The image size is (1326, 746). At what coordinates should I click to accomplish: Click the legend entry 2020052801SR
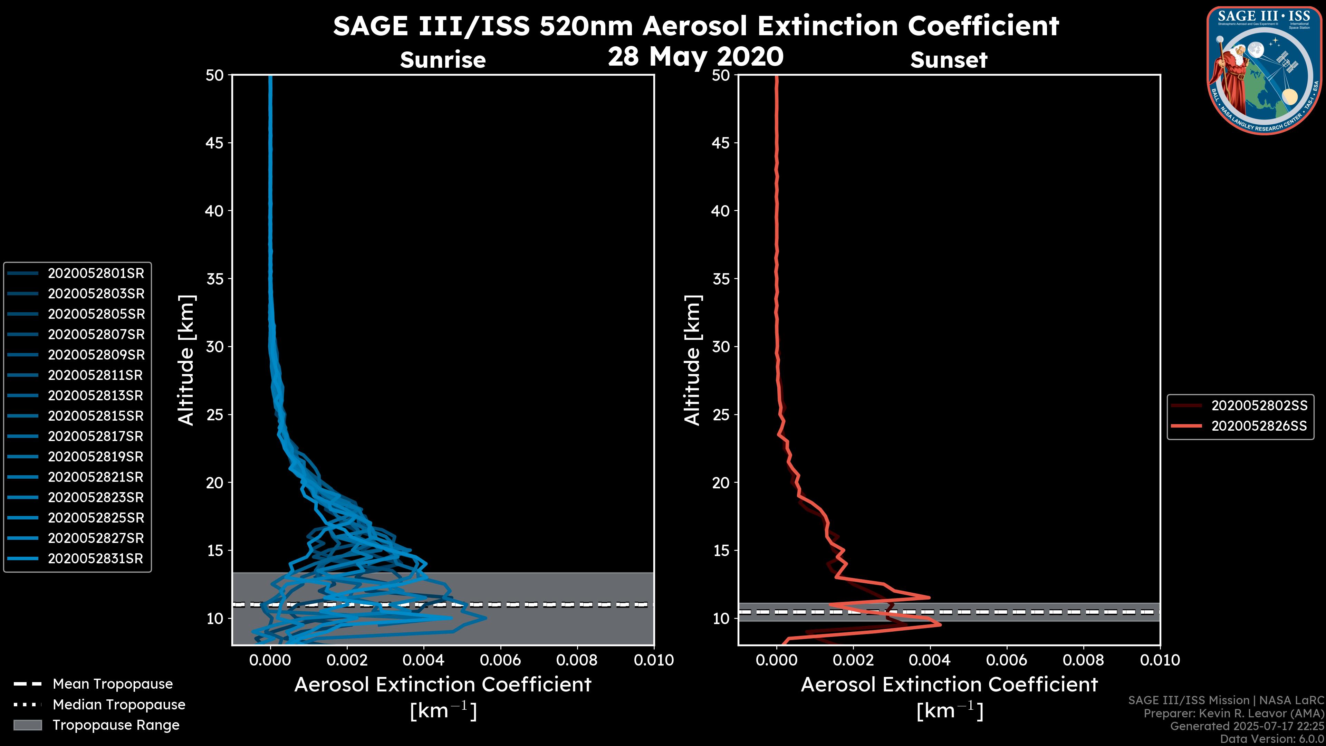click(x=96, y=274)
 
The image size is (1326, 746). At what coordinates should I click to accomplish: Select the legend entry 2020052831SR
click(x=95, y=558)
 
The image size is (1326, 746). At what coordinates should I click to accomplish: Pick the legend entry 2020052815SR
click(x=96, y=416)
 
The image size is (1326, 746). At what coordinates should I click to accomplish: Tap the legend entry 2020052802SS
click(x=1259, y=406)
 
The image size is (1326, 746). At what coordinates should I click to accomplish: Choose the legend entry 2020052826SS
click(x=1259, y=426)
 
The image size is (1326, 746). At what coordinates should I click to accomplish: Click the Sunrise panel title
click(x=443, y=60)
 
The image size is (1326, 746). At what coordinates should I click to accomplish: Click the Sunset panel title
click(x=949, y=60)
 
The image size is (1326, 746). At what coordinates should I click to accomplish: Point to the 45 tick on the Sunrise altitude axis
click(x=215, y=143)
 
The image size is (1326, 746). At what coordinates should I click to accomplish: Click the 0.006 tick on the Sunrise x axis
click(x=500, y=660)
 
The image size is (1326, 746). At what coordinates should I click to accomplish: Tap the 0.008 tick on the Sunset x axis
click(x=1084, y=660)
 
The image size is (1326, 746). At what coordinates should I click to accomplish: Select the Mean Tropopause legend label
click(x=113, y=684)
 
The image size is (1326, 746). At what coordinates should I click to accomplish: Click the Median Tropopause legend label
click(x=119, y=705)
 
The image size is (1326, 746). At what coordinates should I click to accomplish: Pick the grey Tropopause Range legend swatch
click(x=27, y=725)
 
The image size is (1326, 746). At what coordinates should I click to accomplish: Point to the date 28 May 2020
click(x=695, y=57)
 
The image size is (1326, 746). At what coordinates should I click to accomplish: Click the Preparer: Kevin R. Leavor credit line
click(x=1233, y=714)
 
